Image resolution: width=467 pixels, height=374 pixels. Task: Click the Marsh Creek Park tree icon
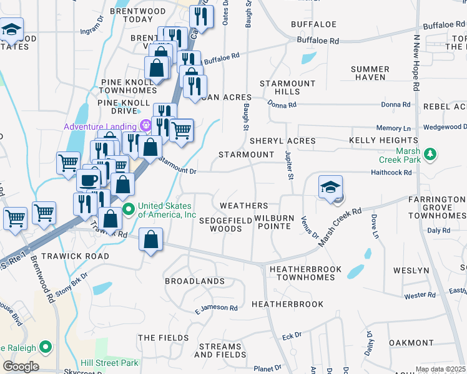point(429,153)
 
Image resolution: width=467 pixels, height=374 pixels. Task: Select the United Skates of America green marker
point(129,208)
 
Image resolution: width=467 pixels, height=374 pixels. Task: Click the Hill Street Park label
point(109,362)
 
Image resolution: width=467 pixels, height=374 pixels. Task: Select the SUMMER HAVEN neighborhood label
point(370,73)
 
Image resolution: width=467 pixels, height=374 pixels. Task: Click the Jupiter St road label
point(289,165)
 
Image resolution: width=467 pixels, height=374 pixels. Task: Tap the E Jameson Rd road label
point(216,309)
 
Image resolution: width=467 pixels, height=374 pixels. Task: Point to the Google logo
point(21,366)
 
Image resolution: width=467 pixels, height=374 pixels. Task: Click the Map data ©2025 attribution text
point(440,369)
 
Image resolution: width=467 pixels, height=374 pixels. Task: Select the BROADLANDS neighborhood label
point(194,281)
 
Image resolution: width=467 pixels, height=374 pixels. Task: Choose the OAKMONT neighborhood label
point(411,343)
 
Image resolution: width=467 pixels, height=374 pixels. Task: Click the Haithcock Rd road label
point(391,172)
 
